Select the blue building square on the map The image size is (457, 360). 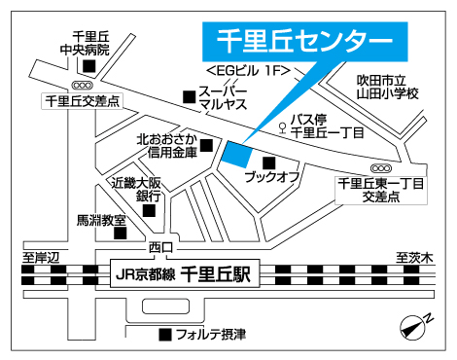click(x=236, y=153)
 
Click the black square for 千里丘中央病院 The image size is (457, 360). click(x=88, y=66)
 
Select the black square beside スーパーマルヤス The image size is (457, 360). click(x=189, y=97)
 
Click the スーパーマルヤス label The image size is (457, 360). click(x=223, y=97)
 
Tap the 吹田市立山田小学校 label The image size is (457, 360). click(x=385, y=86)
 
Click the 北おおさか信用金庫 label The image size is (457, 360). click(x=166, y=145)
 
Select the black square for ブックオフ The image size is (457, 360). click(x=269, y=162)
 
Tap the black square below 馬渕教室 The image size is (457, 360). click(x=120, y=233)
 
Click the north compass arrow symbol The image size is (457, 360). click(x=416, y=323)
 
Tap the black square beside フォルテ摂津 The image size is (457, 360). click(x=163, y=335)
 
